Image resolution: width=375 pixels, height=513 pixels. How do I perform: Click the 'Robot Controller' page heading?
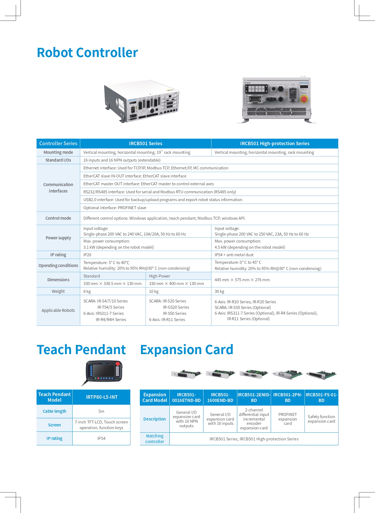87,52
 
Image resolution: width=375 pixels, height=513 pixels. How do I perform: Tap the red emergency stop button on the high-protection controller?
304,99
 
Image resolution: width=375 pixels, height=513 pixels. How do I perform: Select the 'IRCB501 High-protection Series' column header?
275,144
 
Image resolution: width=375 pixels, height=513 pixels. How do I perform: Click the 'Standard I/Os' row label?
58,160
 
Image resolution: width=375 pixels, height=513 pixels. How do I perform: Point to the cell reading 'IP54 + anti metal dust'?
234,255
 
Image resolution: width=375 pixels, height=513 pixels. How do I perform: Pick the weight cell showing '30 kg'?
220,291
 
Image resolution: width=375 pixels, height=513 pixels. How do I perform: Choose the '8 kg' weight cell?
87,291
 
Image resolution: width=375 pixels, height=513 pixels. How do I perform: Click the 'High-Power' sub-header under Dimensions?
160,276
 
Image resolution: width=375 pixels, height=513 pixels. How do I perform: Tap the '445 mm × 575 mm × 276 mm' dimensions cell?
242,280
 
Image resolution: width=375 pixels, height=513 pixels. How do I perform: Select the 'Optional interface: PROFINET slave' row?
115,208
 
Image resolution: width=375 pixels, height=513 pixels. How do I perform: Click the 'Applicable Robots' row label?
58,311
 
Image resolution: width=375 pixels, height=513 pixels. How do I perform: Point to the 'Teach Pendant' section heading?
81,350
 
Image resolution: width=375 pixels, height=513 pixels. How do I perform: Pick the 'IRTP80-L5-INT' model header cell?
102,397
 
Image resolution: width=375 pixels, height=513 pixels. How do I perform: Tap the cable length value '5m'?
101,411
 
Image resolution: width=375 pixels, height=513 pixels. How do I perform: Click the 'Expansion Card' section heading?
187,350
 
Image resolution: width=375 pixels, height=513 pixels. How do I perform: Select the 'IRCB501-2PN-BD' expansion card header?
288,397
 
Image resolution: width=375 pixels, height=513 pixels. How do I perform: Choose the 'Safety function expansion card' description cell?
321,419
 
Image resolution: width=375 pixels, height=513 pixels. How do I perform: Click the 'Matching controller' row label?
155,439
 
